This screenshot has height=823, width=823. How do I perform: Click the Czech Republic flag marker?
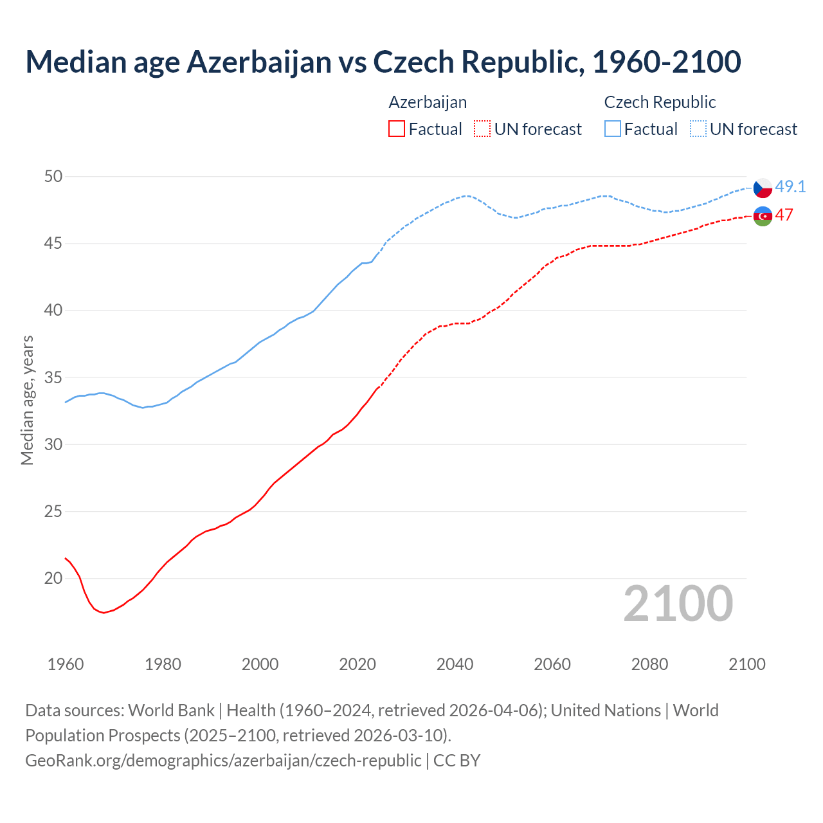click(x=763, y=188)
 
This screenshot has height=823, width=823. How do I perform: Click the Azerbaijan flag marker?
click(x=763, y=216)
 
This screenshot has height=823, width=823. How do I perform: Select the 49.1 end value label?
click(x=790, y=187)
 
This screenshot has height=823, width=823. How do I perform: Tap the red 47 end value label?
click(x=784, y=215)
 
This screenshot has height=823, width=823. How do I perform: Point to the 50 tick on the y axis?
click(x=54, y=176)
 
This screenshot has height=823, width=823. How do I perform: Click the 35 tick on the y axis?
click(x=54, y=377)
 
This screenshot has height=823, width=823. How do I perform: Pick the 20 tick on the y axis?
click(x=54, y=579)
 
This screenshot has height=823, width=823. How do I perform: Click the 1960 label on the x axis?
click(x=66, y=664)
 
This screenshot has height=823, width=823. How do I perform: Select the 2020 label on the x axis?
click(x=357, y=664)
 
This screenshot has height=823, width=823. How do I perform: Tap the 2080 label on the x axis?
click(x=649, y=664)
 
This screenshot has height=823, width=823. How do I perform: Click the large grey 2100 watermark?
click(x=678, y=604)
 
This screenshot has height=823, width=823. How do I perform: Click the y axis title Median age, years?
click(x=27, y=400)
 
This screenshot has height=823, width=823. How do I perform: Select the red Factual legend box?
click(x=397, y=129)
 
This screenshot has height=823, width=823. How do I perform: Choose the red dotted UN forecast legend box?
click(x=482, y=129)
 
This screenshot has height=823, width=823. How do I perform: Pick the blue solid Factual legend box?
click(x=613, y=129)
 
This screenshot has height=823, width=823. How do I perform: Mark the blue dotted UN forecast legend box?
click(x=698, y=129)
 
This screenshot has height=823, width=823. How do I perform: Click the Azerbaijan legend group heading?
click(x=428, y=102)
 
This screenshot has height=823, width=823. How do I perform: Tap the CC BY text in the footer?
click(x=457, y=761)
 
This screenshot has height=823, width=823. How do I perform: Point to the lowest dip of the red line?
click(x=104, y=613)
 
